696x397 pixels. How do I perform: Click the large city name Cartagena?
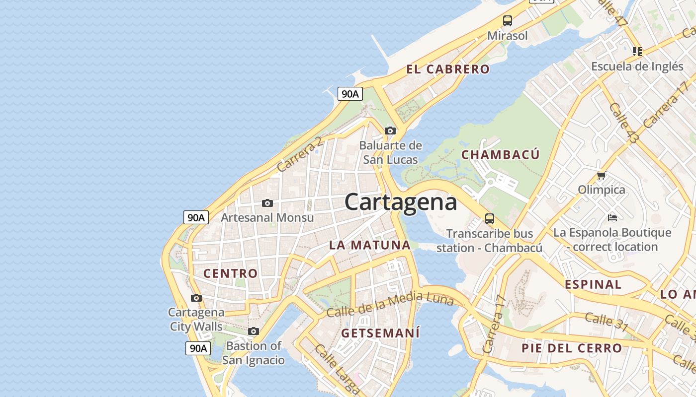click(x=400, y=202)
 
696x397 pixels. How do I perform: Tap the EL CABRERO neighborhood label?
click(x=448, y=69)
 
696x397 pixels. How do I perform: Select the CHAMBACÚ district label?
click(x=500, y=155)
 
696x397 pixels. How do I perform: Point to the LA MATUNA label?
click(x=370, y=245)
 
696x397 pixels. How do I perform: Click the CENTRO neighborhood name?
click(x=231, y=273)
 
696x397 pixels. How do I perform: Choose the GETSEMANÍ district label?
click(x=380, y=333)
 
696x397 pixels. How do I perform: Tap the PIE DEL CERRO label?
click(x=572, y=348)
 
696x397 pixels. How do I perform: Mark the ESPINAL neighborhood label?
click(x=593, y=284)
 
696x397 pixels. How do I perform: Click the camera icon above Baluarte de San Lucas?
click(x=390, y=131)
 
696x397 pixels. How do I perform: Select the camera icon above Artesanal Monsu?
click(x=267, y=203)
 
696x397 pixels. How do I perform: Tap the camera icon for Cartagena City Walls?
click(x=196, y=298)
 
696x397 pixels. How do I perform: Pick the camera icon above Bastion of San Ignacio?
click(x=254, y=331)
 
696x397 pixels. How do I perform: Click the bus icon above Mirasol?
click(x=507, y=21)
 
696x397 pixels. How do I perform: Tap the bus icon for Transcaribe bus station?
click(x=490, y=218)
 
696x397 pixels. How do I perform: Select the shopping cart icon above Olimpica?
click(x=601, y=175)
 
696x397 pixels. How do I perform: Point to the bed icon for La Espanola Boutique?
click(x=612, y=217)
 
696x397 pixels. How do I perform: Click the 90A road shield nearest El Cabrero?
click(x=350, y=93)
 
